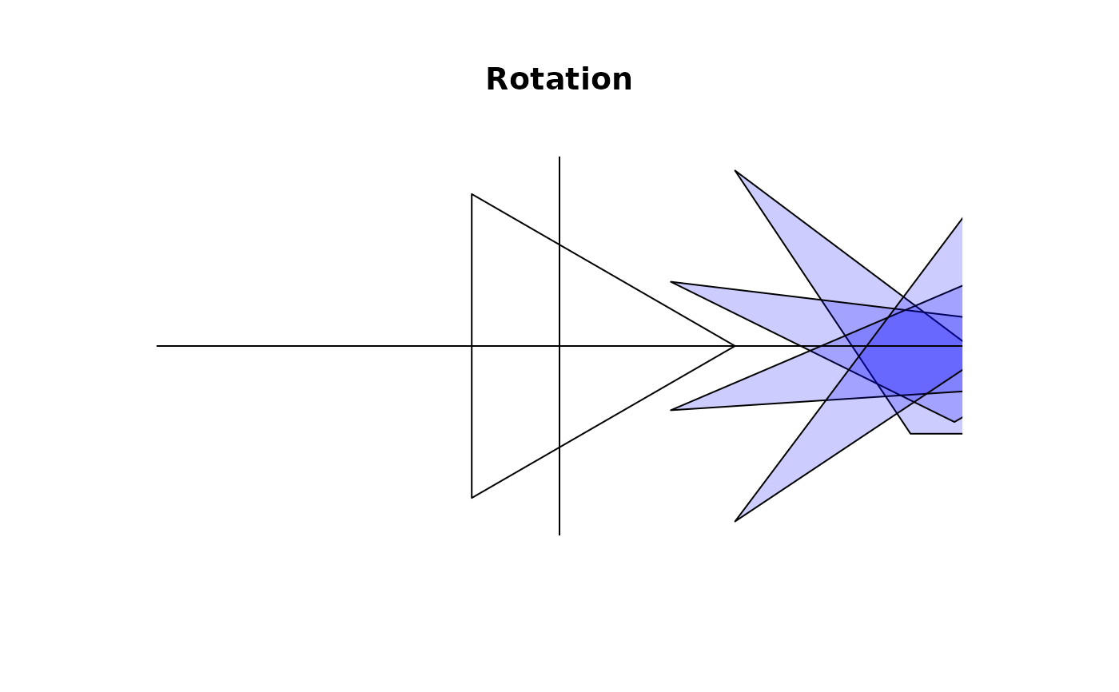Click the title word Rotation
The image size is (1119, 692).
(x=559, y=80)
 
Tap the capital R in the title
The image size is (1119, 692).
(x=497, y=80)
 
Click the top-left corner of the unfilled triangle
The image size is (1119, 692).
(x=472, y=194)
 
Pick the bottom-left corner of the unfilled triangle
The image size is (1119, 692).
(x=472, y=498)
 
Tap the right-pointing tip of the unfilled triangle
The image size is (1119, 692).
(x=735, y=346)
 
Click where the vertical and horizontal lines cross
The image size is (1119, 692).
(x=559, y=346)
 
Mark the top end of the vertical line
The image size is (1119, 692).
(x=559, y=157)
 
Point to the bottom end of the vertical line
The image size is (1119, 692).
(x=559, y=535)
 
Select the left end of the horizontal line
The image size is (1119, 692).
(x=157, y=346)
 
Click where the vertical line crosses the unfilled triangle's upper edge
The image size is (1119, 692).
(x=559, y=245)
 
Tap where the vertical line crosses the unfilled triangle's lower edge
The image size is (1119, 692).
(x=559, y=447)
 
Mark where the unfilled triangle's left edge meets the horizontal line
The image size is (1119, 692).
(x=472, y=346)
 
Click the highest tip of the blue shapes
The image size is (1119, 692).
(x=735, y=171)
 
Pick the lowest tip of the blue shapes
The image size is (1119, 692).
(x=735, y=521)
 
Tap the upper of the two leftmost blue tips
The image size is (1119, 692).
(x=671, y=282)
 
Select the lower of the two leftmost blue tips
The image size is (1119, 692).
(x=671, y=410)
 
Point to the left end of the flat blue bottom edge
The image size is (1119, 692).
(x=910, y=434)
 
